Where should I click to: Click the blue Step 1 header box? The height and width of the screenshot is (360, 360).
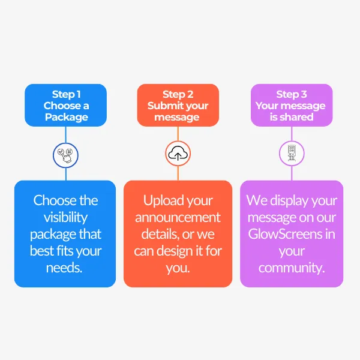click(x=65, y=106)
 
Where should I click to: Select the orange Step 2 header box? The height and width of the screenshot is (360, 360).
click(x=177, y=106)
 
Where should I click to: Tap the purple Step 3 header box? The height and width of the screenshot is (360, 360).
click(x=291, y=106)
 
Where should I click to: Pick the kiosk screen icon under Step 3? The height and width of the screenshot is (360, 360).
click(x=292, y=154)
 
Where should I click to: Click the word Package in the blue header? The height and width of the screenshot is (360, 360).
click(x=66, y=117)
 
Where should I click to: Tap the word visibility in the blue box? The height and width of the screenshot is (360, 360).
click(x=65, y=217)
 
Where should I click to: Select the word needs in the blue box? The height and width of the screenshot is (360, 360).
click(x=64, y=267)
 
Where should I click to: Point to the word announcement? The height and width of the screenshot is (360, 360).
click(x=178, y=217)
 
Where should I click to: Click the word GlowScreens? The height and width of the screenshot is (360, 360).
click(x=284, y=233)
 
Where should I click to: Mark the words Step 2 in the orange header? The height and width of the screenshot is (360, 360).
click(x=178, y=94)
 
